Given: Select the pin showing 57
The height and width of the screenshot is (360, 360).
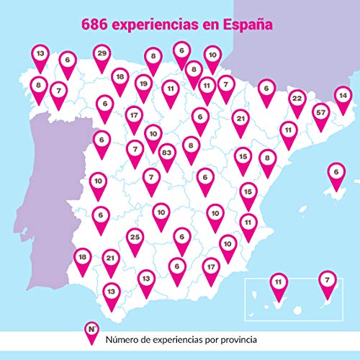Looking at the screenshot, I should click(x=322, y=112).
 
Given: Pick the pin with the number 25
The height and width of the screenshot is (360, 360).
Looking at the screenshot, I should click(x=134, y=237).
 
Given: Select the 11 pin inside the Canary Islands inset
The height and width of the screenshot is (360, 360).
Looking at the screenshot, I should click(x=278, y=282).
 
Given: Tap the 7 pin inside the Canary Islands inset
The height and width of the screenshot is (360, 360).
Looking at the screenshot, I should click(x=328, y=279).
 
